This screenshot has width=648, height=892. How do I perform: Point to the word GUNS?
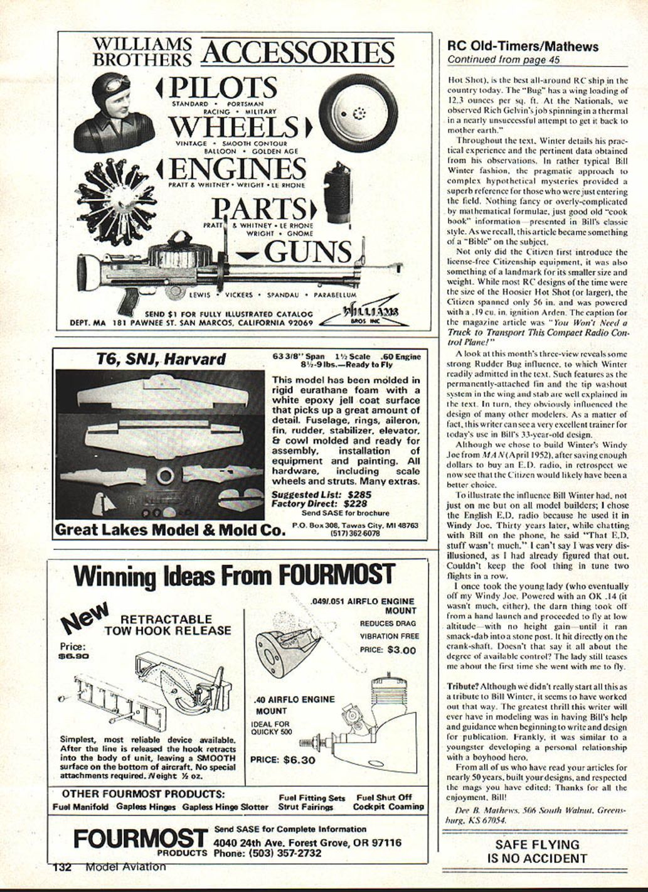(x=308, y=252)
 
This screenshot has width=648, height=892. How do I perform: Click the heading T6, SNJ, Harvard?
(x=161, y=359)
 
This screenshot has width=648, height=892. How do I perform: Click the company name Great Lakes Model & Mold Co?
(x=171, y=530)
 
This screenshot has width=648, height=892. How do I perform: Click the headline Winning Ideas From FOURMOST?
(x=235, y=575)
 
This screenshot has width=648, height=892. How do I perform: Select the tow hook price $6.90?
(x=73, y=656)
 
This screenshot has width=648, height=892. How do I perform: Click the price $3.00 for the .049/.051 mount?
(x=401, y=650)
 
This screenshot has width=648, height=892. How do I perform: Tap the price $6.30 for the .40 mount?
(x=299, y=760)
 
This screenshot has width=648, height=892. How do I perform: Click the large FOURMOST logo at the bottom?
(x=140, y=839)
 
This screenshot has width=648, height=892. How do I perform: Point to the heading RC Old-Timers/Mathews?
(x=523, y=46)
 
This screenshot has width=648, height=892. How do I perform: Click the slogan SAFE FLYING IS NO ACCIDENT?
(x=537, y=852)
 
